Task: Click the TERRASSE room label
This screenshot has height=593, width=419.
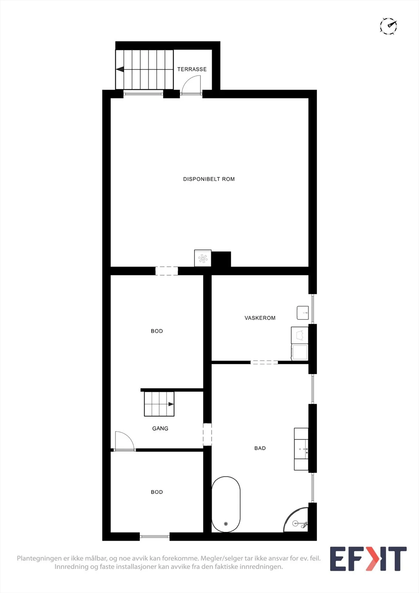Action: [192, 69]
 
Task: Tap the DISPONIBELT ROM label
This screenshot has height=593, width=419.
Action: [209, 179]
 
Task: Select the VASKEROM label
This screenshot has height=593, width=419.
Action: [260, 318]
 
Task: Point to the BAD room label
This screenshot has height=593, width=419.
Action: [260, 448]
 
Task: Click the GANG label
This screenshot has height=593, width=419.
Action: [160, 428]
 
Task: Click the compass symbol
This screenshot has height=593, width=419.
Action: [388, 26]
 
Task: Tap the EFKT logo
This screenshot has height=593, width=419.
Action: [368, 559]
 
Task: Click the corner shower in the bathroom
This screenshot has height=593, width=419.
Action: [296, 520]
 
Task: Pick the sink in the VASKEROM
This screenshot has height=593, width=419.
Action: [303, 313]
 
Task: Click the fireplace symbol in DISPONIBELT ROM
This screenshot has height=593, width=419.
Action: [203, 258]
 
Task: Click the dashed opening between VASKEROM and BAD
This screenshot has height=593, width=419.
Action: [264, 362]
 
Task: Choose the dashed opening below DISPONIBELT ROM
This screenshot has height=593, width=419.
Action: [166, 271]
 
